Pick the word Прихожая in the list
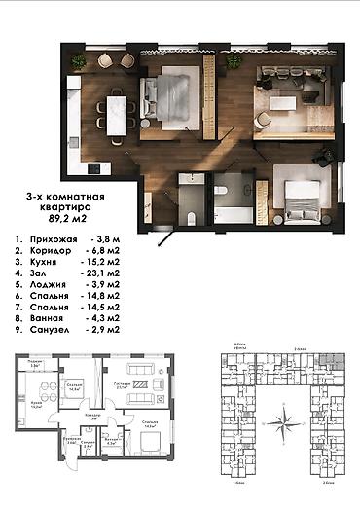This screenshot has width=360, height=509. tap(57, 236)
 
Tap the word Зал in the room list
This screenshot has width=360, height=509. tap(44, 275)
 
